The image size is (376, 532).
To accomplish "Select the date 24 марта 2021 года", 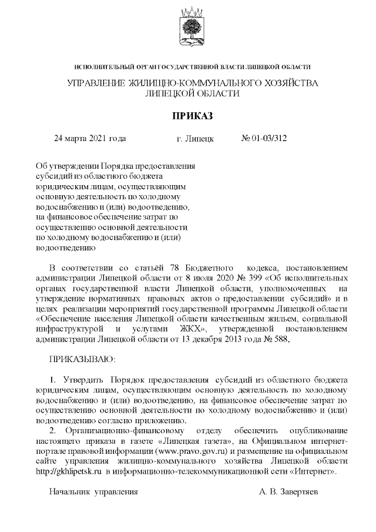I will click(x=90, y=139).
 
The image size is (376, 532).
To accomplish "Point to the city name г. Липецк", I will click(x=195, y=139).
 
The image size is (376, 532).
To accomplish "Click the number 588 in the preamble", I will click(x=282, y=339).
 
